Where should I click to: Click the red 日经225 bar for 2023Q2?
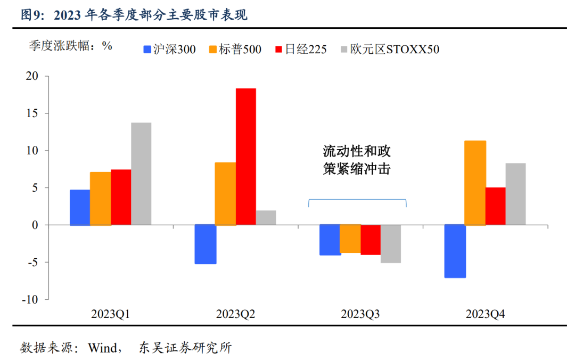tap(246, 157)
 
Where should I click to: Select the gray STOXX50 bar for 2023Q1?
tap(141, 174)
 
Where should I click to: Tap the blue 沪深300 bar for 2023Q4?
tap(455, 251)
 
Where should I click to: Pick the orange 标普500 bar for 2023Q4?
tap(475, 183)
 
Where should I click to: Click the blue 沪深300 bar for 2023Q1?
tap(80, 207)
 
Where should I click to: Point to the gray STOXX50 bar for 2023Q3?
tap(391, 243)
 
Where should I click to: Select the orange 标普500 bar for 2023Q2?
tap(225, 193)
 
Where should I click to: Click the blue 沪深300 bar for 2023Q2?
tap(205, 244)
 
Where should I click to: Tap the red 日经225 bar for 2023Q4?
tap(495, 206)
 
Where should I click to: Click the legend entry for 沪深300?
tap(169, 50)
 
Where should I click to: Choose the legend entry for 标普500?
tap(235, 50)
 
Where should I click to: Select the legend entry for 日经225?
tap(300, 50)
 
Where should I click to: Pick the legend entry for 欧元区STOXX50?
tap(390, 50)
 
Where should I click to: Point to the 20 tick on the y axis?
tap(33, 76)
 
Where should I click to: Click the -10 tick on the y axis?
tap(30, 299)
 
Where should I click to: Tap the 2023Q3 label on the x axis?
tap(360, 314)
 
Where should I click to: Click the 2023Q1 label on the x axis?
tap(111, 314)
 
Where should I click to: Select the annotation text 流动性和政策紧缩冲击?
tap(357, 160)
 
